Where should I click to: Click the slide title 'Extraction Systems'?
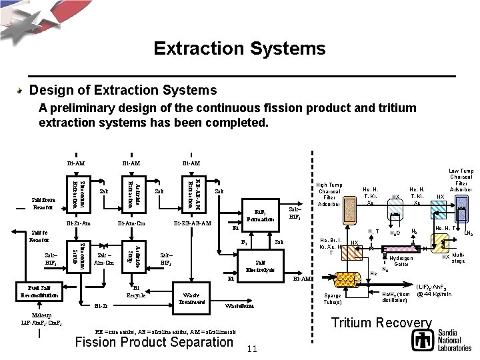click(x=239, y=49)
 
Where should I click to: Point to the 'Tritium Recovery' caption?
click(x=382, y=323)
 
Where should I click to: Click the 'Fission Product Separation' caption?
click(x=154, y=343)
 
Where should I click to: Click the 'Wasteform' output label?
click(x=239, y=308)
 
